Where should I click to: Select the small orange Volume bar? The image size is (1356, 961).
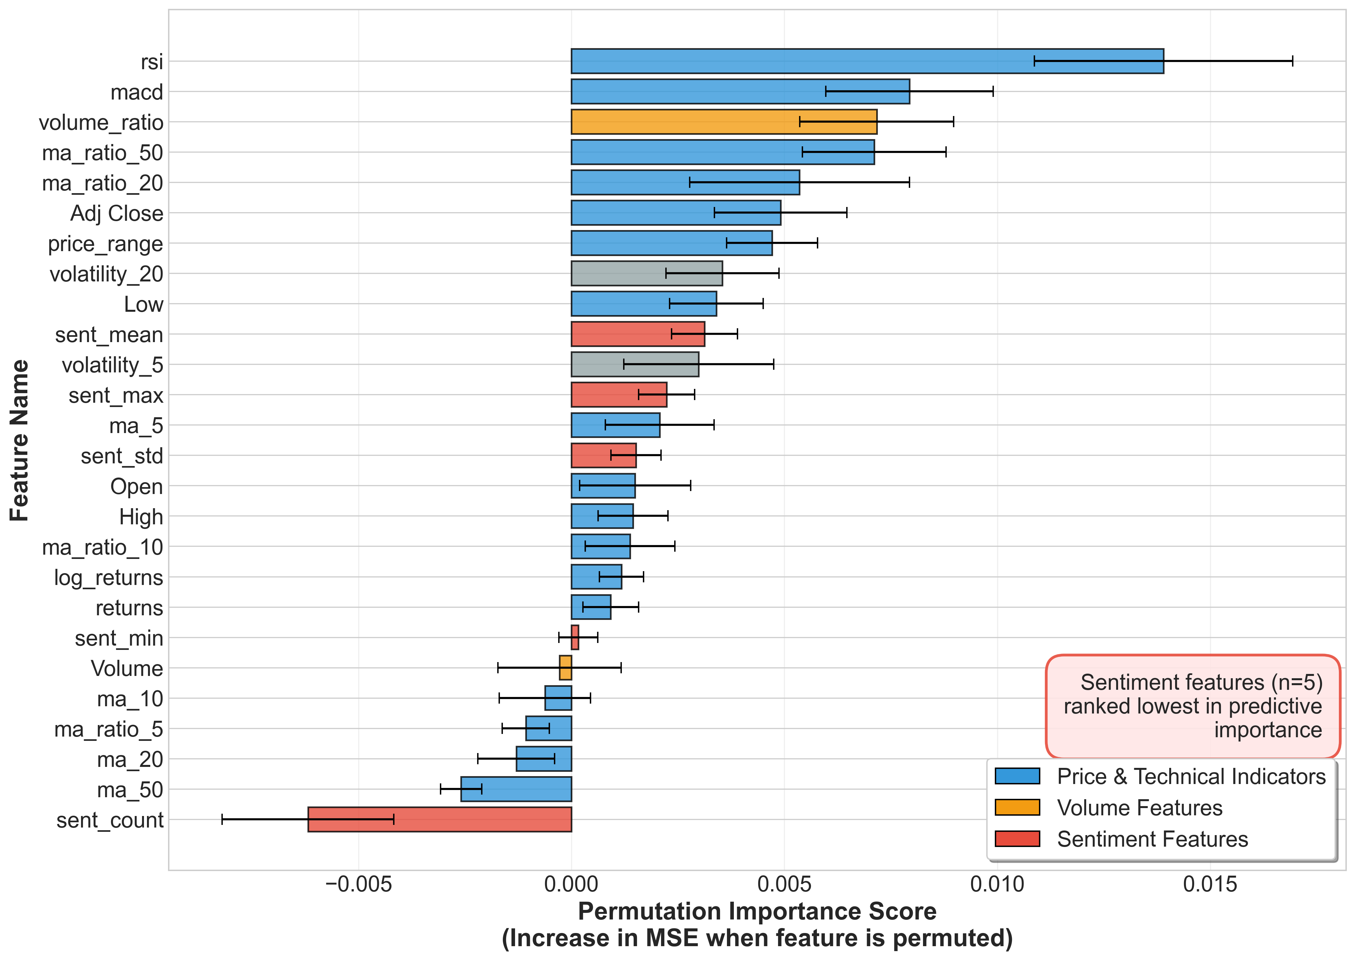pos(565,668)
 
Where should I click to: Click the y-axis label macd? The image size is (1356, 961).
pos(137,92)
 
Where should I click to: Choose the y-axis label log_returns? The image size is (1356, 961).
pos(108,577)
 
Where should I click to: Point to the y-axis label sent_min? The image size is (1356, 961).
pos(119,638)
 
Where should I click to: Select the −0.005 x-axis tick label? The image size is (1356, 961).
pos(359,885)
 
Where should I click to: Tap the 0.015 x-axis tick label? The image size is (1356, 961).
pos(1210,885)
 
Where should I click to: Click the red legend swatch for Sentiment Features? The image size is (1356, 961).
pos(1017,839)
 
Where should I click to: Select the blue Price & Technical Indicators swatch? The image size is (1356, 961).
pos(1017,776)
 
